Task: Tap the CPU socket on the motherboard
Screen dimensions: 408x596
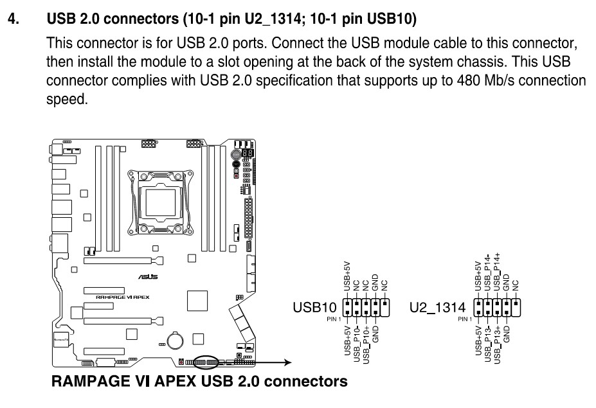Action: point(161,200)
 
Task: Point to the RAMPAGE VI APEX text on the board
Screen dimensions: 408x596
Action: point(124,297)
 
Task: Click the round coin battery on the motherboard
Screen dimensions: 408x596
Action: point(176,339)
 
